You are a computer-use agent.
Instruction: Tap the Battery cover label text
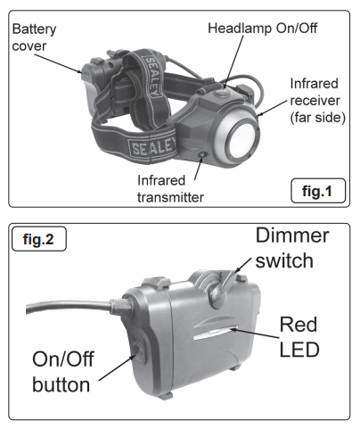point(35,37)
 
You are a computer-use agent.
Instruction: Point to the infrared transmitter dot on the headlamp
point(205,155)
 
